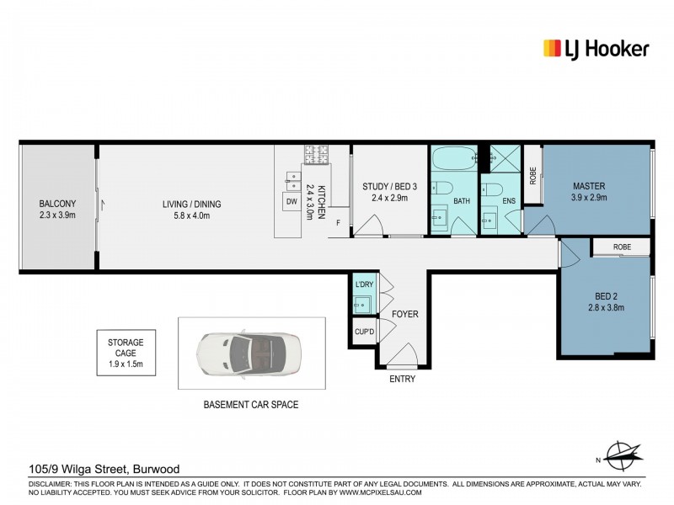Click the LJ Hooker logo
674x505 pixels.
pyautogui.click(x=596, y=48)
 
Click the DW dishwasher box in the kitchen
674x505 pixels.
pyautogui.click(x=292, y=202)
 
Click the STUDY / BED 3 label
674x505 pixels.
pyautogui.click(x=385, y=192)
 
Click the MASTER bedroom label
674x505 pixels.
pyautogui.click(x=590, y=191)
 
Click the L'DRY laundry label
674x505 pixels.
pyautogui.click(x=364, y=284)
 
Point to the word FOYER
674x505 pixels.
pyautogui.click(x=404, y=314)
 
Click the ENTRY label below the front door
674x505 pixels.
pyautogui.click(x=404, y=380)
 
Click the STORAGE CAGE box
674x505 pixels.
pyautogui.click(x=126, y=353)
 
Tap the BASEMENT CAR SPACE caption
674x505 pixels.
pyautogui.click(x=251, y=405)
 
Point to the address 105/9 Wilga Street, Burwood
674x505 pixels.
pyautogui.click(x=104, y=469)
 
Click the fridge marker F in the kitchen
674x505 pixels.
pyautogui.click(x=338, y=223)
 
